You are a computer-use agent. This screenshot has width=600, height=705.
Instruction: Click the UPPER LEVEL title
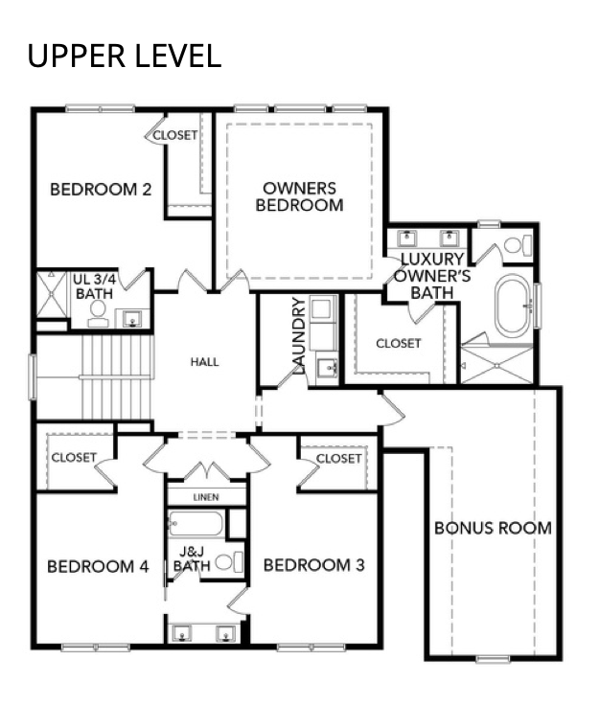pyautogui.click(x=125, y=57)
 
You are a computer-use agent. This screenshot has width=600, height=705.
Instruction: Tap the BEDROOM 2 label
pyautogui.click(x=101, y=190)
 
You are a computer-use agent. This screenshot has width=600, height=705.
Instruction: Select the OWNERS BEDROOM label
pyautogui.click(x=300, y=196)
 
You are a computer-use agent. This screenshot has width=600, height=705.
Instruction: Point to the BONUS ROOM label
pyautogui.click(x=493, y=528)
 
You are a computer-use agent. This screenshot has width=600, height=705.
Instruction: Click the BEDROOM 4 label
pyautogui.click(x=98, y=566)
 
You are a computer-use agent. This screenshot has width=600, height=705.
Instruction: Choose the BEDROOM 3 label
pyautogui.click(x=314, y=565)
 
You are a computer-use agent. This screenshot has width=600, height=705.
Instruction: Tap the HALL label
pyautogui.click(x=205, y=362)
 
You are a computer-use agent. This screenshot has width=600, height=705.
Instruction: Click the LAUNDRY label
pyautogui.click(x=299, y=335)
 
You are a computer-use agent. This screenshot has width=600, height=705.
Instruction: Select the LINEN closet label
pyautogui.click(x=206, y=497)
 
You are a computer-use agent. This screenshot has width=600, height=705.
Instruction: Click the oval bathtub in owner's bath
pyautogui.click(x=513, y=306)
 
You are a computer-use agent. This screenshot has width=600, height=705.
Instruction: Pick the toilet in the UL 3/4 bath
pyautogui.click(x=98, y=313)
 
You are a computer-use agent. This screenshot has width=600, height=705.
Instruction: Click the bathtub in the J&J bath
pyautogui.click(x=196, y=523)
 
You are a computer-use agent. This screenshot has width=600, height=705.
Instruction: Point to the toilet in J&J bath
pyautogui.click(x=229, y=562)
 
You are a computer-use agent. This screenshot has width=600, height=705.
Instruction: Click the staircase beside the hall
pyautogui.click(x=118, y=377)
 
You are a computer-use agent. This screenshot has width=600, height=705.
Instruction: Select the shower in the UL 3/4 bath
pyautogui.click(x=52, y=294)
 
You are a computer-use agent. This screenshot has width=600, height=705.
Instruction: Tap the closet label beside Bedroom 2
pyautogui.click(x=175, y=135)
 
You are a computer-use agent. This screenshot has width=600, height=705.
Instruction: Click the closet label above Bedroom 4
pyautogui.click(x=74, y=458)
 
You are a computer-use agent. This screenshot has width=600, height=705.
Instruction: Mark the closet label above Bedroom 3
pyautogui.click(x=338, y=459)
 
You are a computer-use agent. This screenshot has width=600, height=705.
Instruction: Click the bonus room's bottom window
pyautogui.click(x=493, y=659)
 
